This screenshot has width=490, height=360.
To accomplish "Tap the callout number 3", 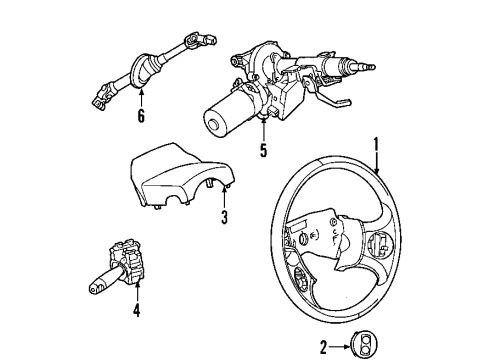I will (225, 217).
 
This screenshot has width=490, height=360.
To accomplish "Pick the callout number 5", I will (263, 153).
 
